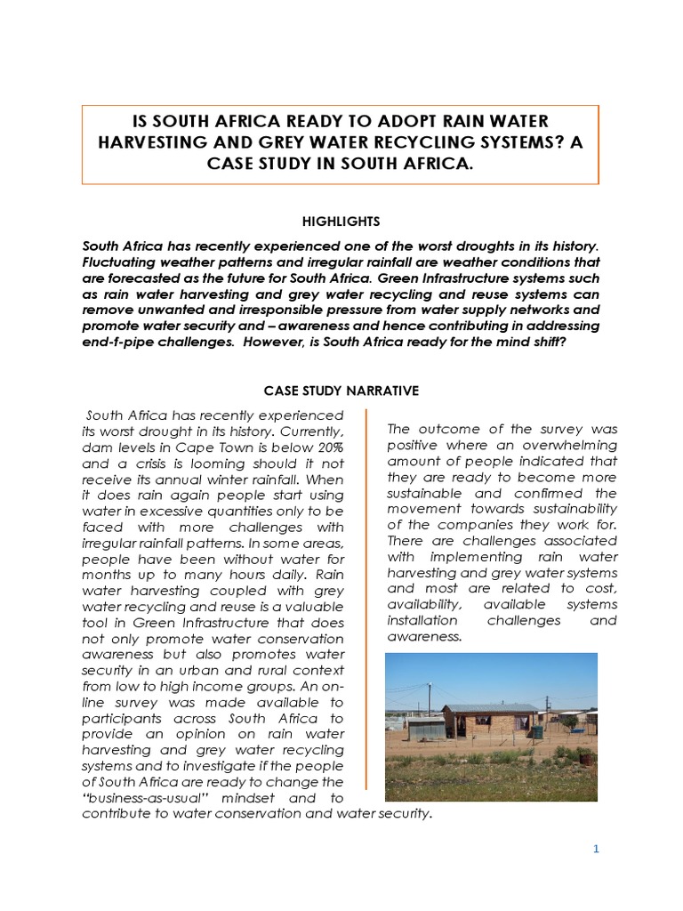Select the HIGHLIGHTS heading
tap(341, 220)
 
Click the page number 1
tap(597, 849)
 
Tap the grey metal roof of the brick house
tap(490, 709)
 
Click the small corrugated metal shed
tap(423, 728)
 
